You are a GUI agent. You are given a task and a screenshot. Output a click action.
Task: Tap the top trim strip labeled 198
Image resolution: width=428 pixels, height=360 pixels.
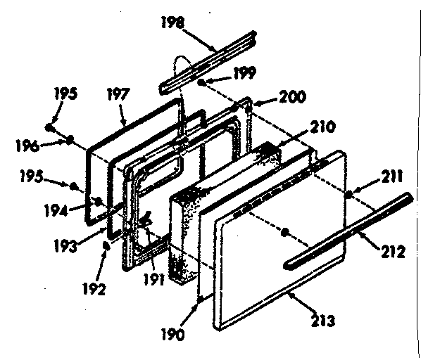tap(204, 62)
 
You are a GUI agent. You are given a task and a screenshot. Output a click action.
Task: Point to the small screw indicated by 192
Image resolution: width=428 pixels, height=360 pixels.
tap(106, 245)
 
